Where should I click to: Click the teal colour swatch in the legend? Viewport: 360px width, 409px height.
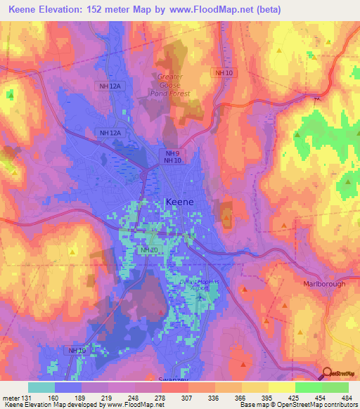pyautogui.click(x=41, y=387)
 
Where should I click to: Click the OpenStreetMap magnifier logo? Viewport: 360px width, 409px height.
pyautogui.click(x=326, y=374)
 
